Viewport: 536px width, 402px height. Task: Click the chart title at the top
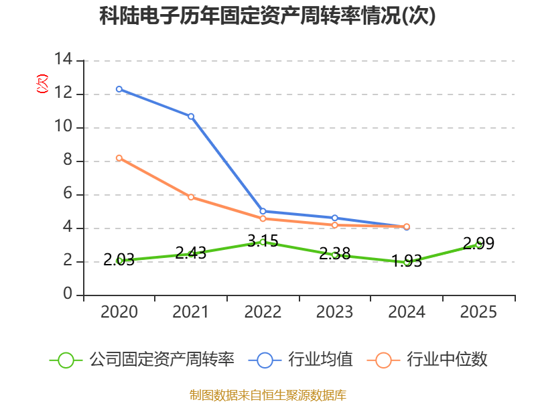[267, 16]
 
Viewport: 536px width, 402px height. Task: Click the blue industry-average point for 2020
[119, 89]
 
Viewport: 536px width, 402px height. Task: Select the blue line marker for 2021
[191, 116]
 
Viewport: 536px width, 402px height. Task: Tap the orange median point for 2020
[119, 158]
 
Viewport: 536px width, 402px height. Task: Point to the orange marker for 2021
[191, 197]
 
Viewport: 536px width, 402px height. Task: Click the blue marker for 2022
[263, 211]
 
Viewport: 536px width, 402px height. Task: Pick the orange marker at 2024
[407, 226]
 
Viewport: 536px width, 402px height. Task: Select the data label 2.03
[119, 259]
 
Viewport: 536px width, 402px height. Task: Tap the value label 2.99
[478, 244]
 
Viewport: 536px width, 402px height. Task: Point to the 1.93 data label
[407, 261]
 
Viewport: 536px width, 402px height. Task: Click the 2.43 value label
[191, 253]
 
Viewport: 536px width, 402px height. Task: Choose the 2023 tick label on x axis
[334, 312]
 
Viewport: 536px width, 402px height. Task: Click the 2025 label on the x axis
[478, 312]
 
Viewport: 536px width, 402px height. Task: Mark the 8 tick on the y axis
[68, 161]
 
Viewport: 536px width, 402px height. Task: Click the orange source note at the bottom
[268, 395]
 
